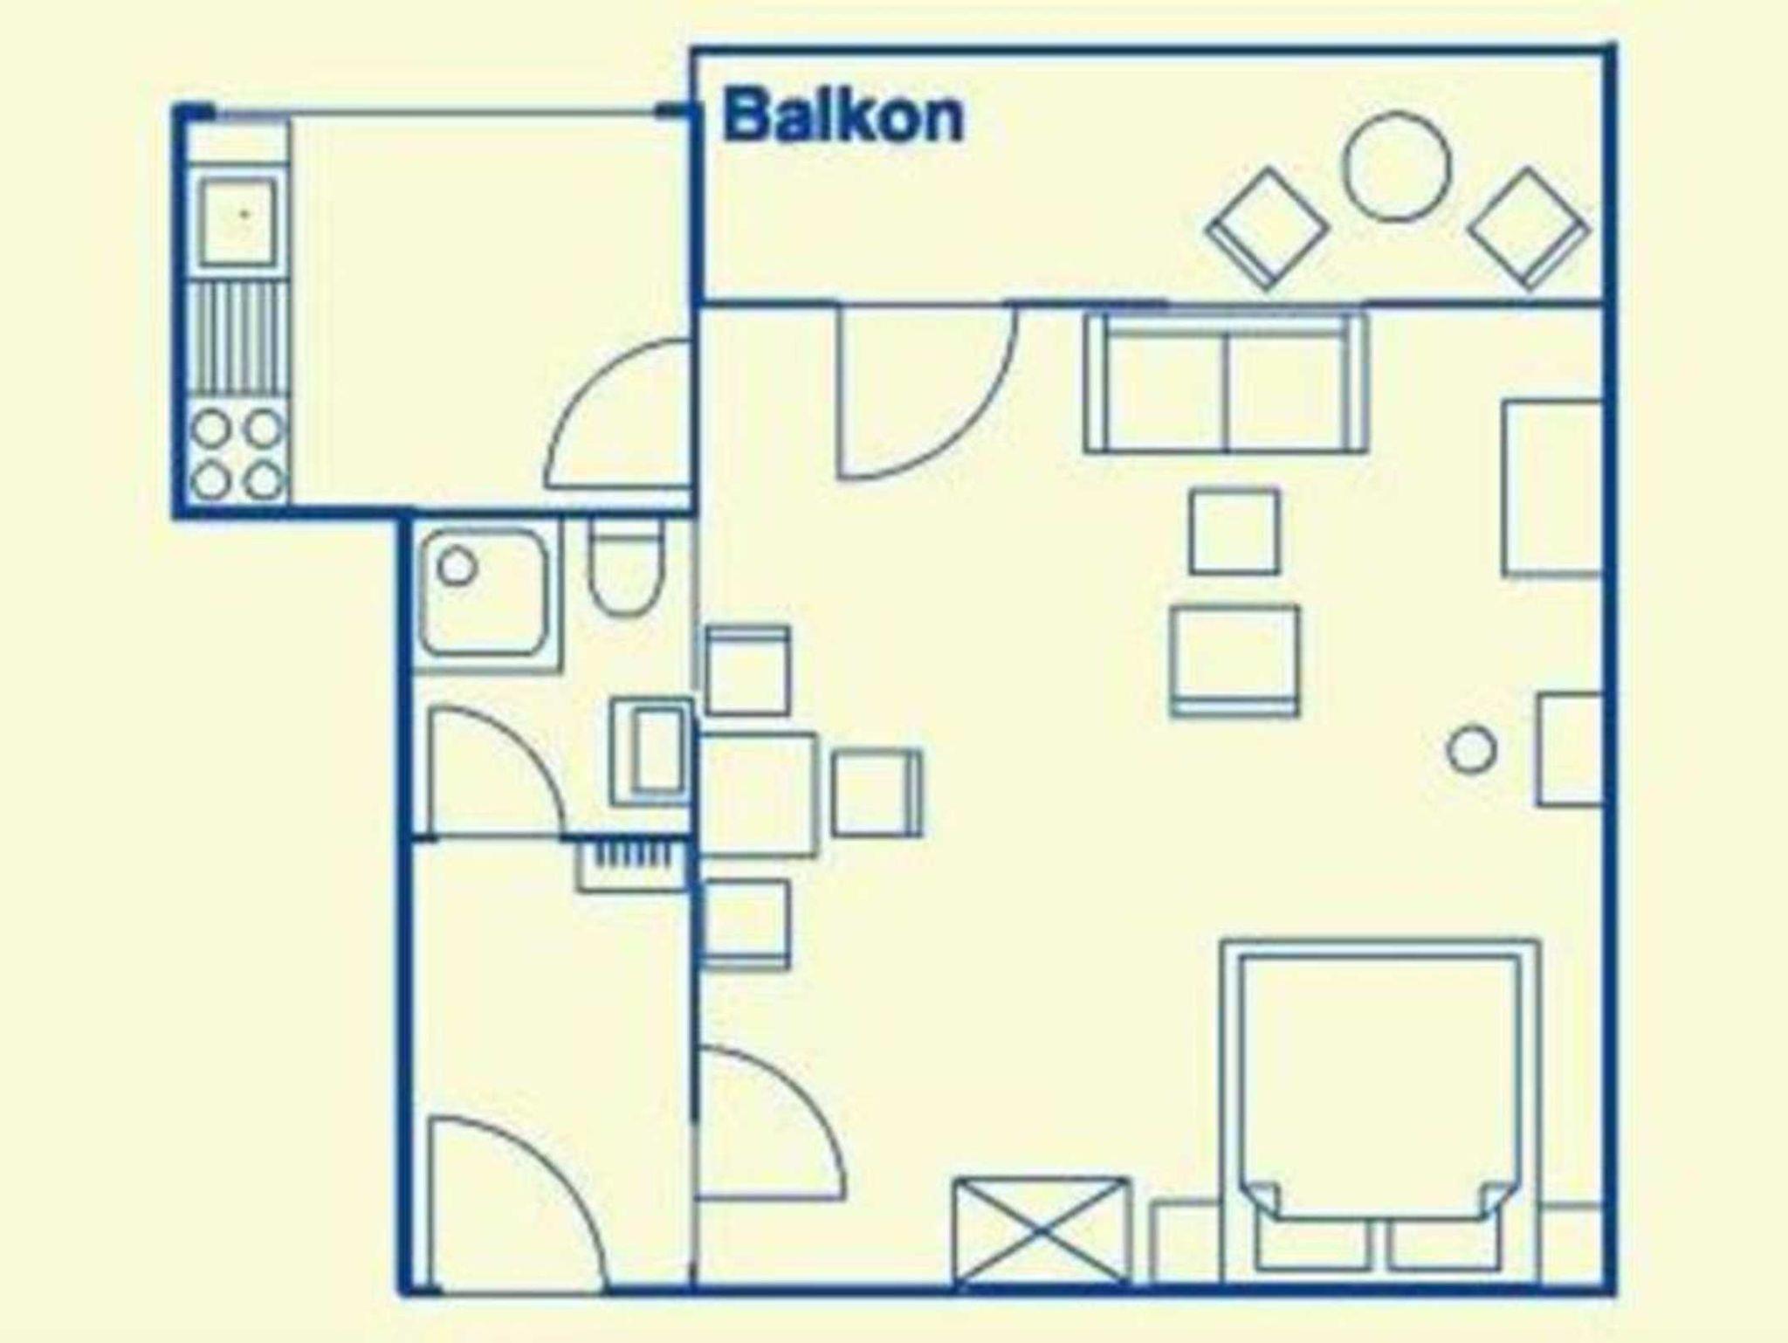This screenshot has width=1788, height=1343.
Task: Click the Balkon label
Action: pyautogui.click(x=843, y=118)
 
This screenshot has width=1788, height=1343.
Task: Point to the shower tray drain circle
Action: pyautogui.click(x=456, y=568)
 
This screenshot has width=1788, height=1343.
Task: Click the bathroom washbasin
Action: pyautogui.click(x=653, y=751)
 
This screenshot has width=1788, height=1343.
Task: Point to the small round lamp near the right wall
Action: pyautogui.click(x=1471, y=749)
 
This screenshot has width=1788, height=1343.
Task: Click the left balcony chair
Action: pyautogui.click(x=1268, y=229)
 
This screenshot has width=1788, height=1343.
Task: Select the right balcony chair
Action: pyautogui.click(x=1530, y=229)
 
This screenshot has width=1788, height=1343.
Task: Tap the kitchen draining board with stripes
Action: pyautogui.click(x=238, y=341)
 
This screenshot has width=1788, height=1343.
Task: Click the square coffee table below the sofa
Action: pyautogui.click(x=1234, y=532)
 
